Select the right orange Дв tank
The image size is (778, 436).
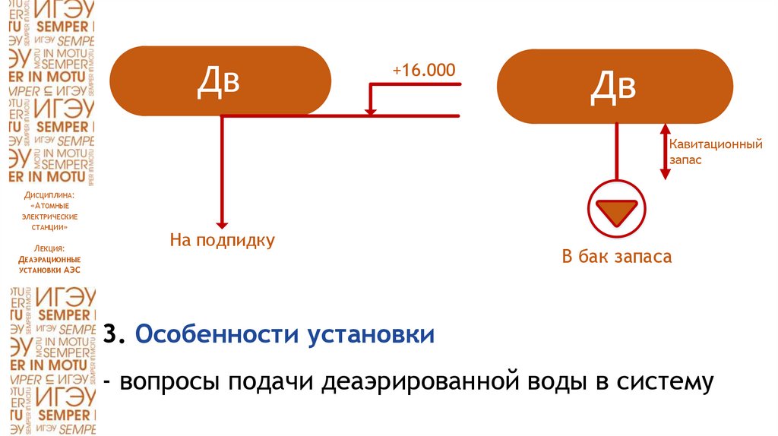click(x=614, y=85)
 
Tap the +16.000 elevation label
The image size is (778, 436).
click(x=423, y=71)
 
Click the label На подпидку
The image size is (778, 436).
click(x=222, y=241)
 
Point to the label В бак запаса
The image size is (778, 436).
click(x=616, y=256)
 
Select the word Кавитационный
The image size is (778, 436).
click(x=716, y=143)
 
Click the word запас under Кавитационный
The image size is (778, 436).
click(x=685, y=160)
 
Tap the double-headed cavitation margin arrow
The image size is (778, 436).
click(x=665, y=152)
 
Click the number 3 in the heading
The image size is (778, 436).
click(x=111, y=334)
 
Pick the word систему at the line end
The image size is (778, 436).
click(x=665, y=381)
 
